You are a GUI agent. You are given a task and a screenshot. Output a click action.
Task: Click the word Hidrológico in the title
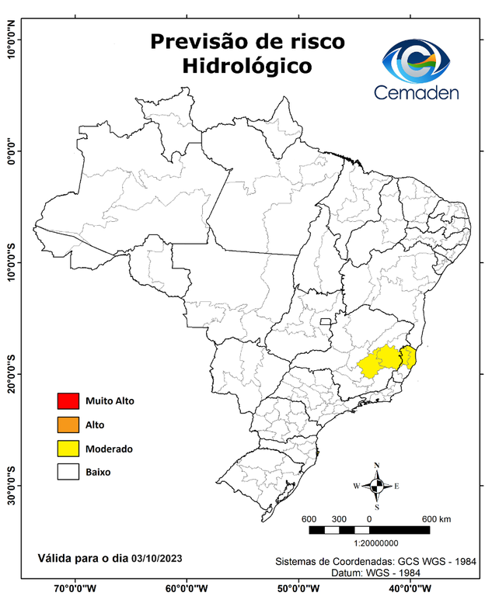point(246,67)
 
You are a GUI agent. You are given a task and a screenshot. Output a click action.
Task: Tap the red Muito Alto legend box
point(68,401)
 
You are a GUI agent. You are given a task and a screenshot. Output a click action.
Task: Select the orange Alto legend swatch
point(68,424)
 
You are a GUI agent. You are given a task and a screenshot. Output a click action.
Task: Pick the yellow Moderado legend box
point(68,449)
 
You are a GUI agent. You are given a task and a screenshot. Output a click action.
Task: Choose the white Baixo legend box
point(68,472)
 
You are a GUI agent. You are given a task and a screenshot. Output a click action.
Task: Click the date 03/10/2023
point(157,558)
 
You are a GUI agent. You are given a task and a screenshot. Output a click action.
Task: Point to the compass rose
point(376,487)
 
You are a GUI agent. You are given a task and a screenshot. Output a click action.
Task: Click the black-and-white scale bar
point(369,530)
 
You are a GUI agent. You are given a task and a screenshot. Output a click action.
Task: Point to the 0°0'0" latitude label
point(11,151)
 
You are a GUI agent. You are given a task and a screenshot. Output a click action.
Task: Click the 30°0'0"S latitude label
point(11,485)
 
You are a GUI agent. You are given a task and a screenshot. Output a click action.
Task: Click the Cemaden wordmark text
point(416,92)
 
